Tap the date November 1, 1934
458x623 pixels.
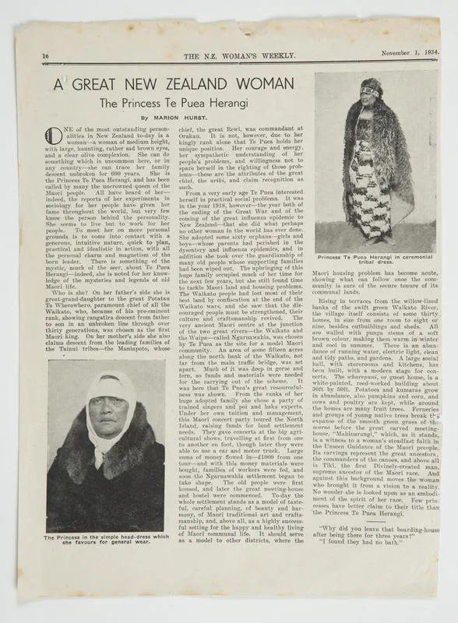(410, 53)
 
